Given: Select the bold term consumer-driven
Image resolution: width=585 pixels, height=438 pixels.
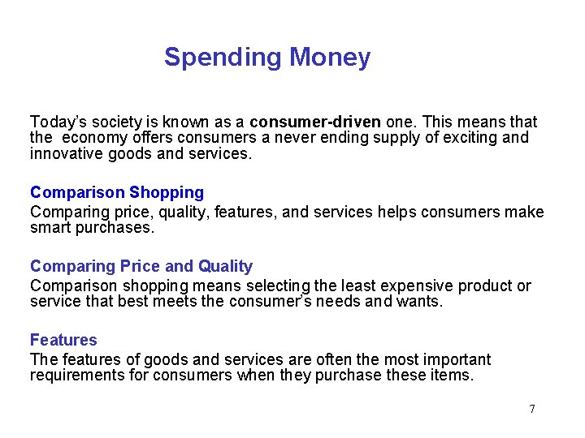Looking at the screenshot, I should click(315, 122).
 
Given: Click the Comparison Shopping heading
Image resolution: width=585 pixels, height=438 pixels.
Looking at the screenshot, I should click(117, 192).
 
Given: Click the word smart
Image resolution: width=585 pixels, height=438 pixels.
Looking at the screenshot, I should click(50, 227).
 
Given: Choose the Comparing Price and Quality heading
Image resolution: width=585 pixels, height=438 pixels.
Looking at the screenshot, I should click(141, 266).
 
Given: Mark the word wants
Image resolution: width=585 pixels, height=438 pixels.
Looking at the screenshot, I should click(423, 301).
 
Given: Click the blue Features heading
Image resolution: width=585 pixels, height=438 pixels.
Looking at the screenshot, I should click(63, 340).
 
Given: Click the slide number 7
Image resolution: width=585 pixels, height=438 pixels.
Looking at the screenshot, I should click(532, 409).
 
